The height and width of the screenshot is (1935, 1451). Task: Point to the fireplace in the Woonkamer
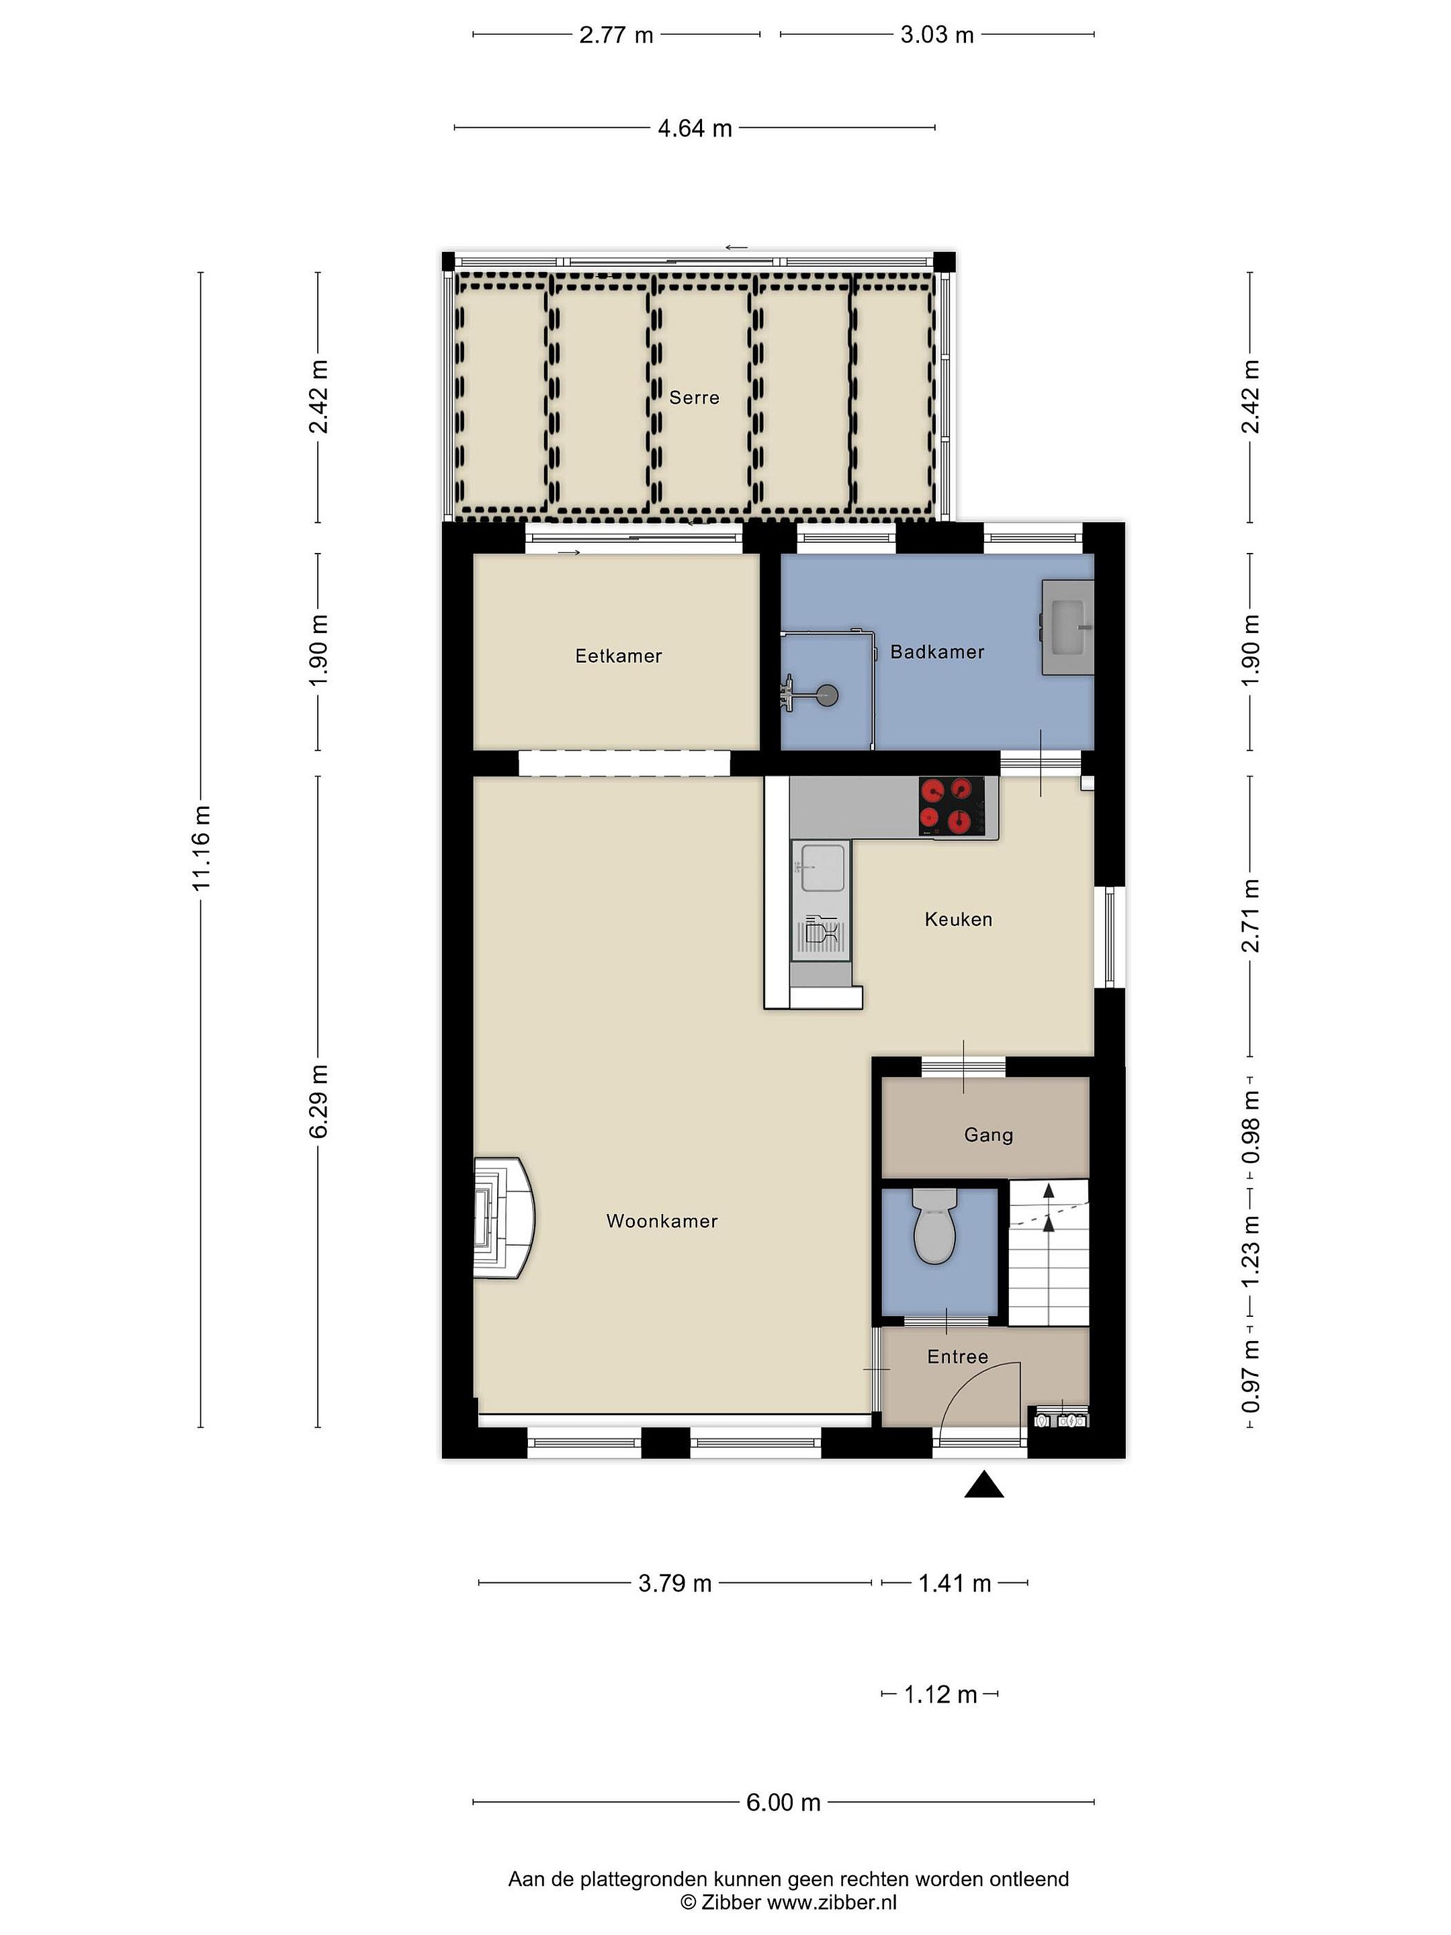click(x=504, y=1219)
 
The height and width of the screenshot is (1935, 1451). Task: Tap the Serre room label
click(x=695, y=398)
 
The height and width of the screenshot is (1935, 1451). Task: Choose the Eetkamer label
click(x=619, y=656)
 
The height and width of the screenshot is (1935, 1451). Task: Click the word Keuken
click(x=959, y=919)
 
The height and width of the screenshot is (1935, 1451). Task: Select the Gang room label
click(x=988, y=1135)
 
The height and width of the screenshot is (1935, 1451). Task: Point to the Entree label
click(x=958, y=1357)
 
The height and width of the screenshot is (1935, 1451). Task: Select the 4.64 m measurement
click(x=695, y=128)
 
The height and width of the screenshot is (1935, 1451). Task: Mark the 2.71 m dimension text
click(x=1251, y=916)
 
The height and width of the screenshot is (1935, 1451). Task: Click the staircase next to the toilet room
click(x=1049, y=1252)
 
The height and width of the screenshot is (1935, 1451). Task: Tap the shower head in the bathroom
click(x=826, y=696)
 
